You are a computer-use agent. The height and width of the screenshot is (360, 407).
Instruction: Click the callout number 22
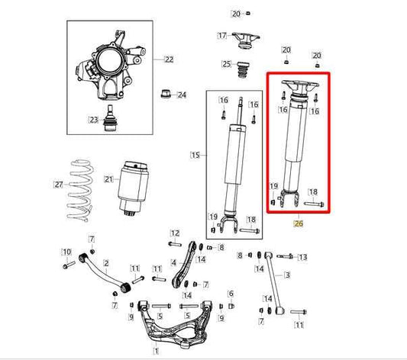[x=169, y=59]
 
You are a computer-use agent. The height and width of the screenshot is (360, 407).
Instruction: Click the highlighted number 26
[x=299, y=224]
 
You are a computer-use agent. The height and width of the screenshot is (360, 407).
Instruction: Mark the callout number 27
[x=59, y=184]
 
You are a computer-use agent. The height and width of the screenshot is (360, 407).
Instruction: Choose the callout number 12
[x=174, y=233]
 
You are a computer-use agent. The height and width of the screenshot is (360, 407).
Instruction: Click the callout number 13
[x=302, y=257]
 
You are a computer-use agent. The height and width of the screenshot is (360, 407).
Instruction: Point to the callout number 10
[x=66, y=252]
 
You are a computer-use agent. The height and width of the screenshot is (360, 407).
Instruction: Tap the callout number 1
[x=157, y=351]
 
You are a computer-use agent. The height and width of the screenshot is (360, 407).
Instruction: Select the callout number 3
[x=288, y=275]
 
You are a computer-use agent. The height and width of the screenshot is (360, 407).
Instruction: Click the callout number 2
[x=106, y=263]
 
